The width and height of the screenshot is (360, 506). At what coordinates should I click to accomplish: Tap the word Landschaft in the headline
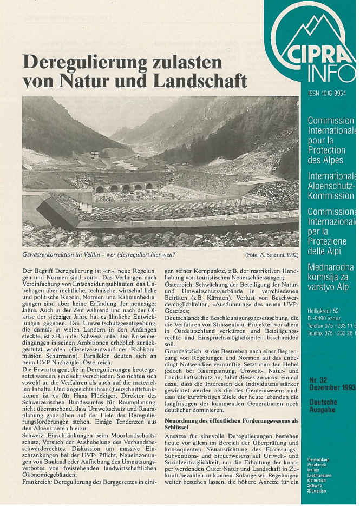(x=199, y=81)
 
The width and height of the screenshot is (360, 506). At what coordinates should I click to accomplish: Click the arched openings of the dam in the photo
(x=125, y=188)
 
